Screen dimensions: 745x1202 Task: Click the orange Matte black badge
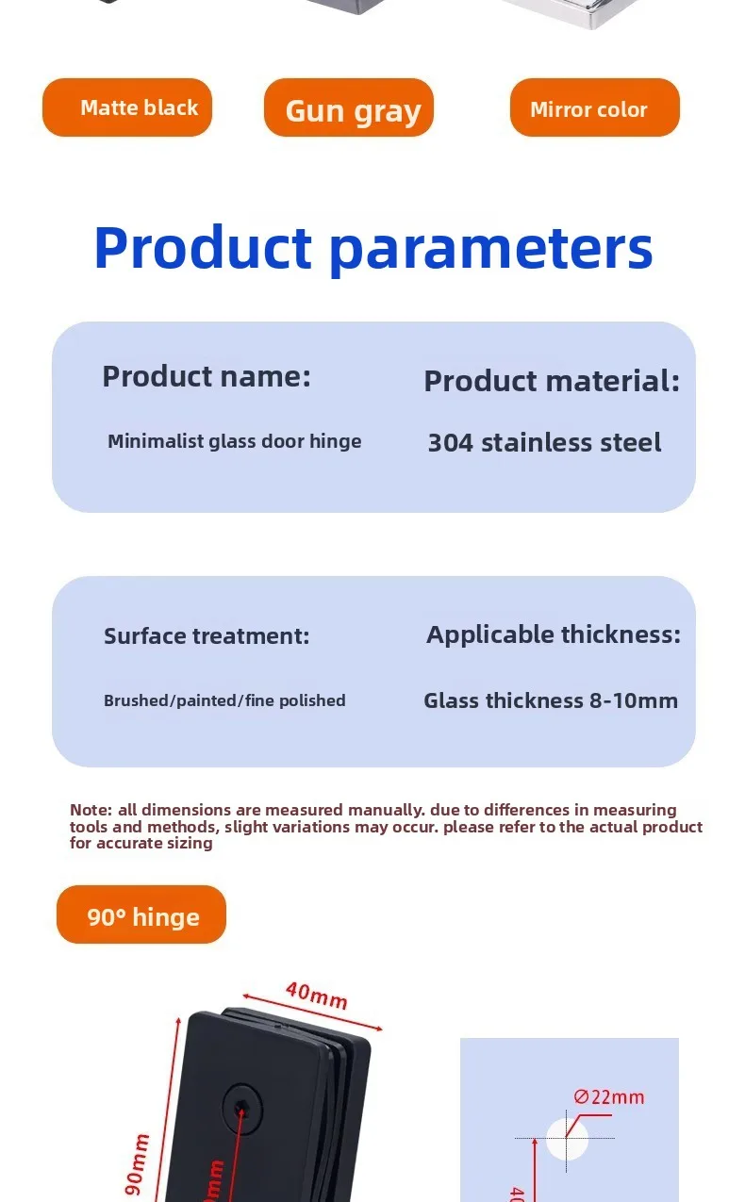(127, 107)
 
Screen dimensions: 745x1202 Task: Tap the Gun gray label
(353, 111)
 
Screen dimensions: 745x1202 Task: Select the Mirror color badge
(595, 107)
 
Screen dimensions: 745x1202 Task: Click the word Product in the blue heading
(203, 247)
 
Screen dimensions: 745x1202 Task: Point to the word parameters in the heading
(490, 250)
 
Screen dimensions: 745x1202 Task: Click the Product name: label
(207, 376)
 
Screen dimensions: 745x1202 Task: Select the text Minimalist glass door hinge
(235, 441)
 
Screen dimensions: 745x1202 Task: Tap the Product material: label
(552, 381)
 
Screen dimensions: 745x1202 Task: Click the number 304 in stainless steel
(451, 443)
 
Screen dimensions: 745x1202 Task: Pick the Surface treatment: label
(207, 636)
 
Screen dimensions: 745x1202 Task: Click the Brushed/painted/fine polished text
(224, 700)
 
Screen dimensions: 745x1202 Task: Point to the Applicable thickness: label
(554, 635)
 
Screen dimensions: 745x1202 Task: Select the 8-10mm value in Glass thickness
(634, 700)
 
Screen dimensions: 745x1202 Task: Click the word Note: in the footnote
(91, 810)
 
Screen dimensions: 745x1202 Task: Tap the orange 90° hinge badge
(141, 914)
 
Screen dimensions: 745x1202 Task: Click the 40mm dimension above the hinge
(317, 996)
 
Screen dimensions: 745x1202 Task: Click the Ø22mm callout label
(608, 1097)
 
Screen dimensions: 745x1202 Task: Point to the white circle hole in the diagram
(567, 1138)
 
